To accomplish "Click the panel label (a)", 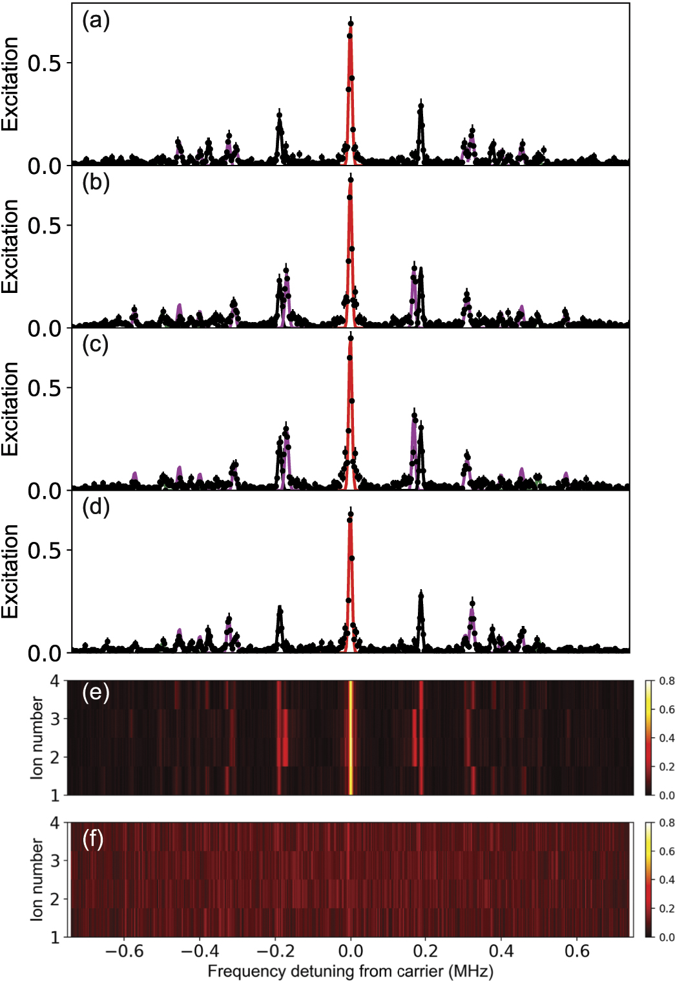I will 96,21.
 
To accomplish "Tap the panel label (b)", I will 96,183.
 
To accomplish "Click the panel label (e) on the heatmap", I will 96,693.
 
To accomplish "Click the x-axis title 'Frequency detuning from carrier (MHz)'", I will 350,971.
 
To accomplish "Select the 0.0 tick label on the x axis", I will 351,951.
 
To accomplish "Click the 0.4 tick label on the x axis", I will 501,951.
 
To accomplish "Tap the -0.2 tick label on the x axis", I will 275,951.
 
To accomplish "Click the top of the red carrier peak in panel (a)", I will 350,25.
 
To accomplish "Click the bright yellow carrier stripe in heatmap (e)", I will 351,737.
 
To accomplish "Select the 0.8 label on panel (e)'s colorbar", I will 667,681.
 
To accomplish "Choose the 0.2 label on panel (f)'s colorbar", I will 667,909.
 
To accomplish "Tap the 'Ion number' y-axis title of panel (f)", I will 37,879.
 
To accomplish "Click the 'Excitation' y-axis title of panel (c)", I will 10,409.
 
